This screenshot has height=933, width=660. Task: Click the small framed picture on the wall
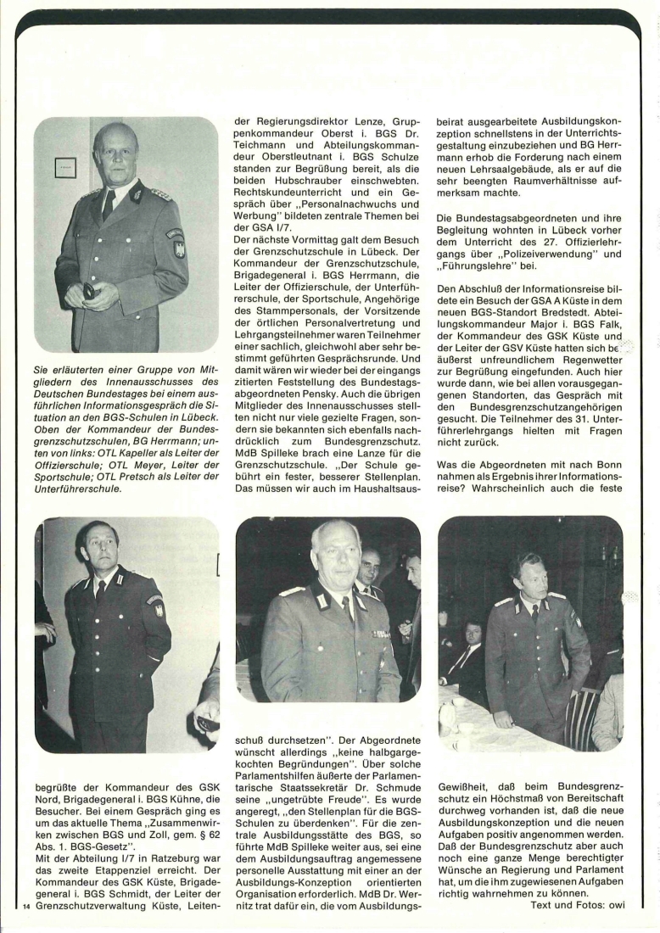point(65,167)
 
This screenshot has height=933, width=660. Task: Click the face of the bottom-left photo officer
point(96,545)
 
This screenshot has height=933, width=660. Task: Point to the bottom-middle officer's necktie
point(348,607)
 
